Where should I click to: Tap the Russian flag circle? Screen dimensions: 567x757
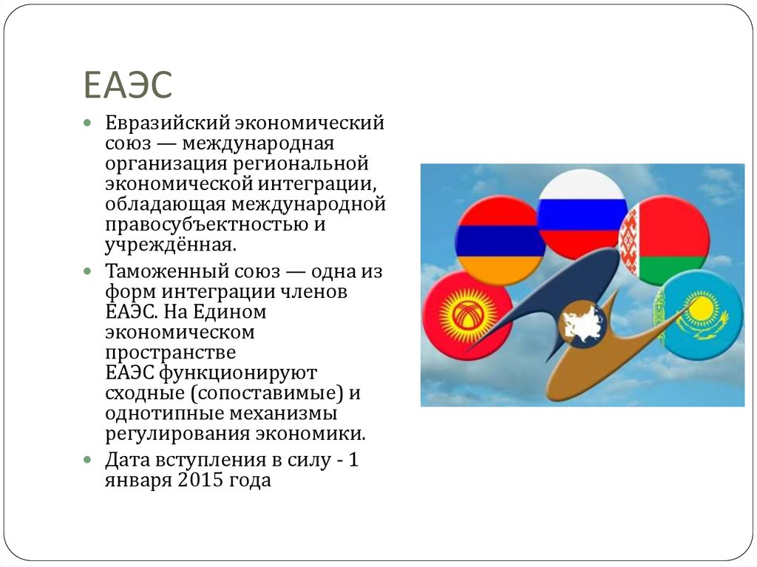(582, 214)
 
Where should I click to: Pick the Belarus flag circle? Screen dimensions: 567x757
(665, 240)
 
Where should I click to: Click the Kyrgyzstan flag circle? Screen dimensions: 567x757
(469, 315)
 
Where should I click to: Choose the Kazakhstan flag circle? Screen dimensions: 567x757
(699, 313)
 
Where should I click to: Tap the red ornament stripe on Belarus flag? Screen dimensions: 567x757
(628, 240)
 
